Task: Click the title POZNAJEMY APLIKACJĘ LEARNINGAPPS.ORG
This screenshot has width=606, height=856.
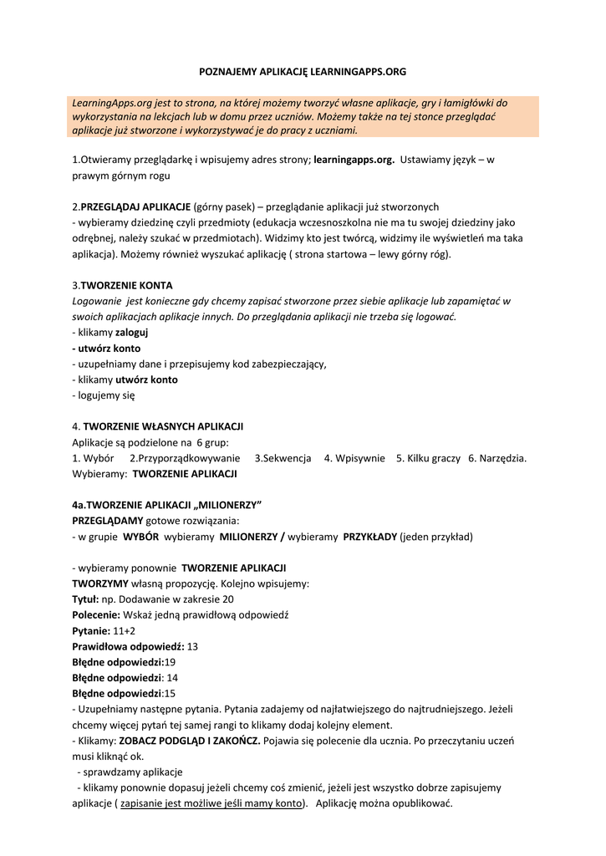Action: (303, 73)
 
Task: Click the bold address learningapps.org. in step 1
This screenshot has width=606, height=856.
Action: (354, 159)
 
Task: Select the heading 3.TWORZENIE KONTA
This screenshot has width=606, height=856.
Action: (122, 285)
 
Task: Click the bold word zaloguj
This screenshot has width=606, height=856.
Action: (131, 332)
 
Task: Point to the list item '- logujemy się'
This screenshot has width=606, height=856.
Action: (104, 395)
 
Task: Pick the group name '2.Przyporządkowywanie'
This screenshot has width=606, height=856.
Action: (185, 458)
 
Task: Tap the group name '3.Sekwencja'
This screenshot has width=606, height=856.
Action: (283, 458)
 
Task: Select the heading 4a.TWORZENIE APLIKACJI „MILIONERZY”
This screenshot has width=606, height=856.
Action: (167, 505)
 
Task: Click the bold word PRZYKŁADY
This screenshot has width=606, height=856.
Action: (370, 537)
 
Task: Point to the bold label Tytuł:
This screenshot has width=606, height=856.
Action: (86, 599)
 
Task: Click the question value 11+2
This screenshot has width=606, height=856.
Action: (124, 630)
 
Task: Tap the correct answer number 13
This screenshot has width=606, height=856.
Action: (192, 646)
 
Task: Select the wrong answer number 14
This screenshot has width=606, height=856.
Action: (172, 678)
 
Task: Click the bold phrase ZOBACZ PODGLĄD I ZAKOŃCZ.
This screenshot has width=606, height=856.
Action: (190, 741)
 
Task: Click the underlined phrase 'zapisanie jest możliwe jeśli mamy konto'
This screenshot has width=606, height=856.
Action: (211, 803)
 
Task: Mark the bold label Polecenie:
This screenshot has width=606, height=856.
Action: (96, 614)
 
